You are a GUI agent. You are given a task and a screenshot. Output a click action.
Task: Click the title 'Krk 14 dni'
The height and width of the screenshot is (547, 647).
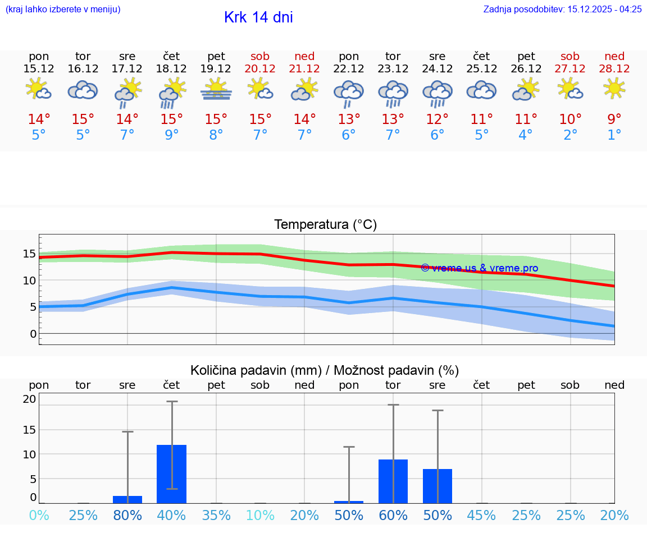[x=258, y=17]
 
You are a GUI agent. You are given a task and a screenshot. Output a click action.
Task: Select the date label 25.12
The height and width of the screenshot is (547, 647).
[x=481, y=69]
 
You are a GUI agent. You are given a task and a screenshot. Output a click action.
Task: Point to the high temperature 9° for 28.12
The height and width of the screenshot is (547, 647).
[x=614, y=119]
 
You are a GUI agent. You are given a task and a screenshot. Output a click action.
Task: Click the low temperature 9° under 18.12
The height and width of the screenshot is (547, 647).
[x=172, y=135]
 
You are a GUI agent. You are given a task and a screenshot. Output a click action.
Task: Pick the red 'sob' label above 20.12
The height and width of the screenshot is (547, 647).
[x=260, y=56]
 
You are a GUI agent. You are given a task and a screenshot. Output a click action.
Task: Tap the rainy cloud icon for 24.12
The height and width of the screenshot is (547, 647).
[x=438, y=93]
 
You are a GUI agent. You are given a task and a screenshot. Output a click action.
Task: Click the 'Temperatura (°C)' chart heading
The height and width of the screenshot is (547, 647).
[x=325, y=225]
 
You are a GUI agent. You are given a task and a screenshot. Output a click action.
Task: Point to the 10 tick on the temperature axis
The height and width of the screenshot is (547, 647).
[x=29, y=281]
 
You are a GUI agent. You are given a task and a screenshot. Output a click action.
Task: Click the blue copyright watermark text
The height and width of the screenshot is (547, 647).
[x=479, y=268]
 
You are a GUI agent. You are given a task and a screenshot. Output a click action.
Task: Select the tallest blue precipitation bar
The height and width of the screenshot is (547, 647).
[x=172, y=474]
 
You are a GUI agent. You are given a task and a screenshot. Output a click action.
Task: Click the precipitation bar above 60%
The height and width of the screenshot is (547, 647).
[x=393, y=481]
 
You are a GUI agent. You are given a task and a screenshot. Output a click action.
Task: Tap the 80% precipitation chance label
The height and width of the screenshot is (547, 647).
[x=127, y=516]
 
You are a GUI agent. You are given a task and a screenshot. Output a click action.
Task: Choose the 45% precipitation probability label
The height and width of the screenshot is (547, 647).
[x=481, y=516]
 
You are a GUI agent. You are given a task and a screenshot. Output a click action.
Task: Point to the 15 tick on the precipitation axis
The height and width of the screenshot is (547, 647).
[x=29, y=430]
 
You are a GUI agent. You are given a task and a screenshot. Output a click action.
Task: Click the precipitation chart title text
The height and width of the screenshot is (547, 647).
[x=324, y=370]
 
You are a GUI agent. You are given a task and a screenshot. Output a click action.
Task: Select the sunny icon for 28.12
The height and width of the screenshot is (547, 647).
[x=614, y=89]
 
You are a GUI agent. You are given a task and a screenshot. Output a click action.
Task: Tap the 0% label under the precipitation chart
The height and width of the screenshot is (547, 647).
[x=39, y=516]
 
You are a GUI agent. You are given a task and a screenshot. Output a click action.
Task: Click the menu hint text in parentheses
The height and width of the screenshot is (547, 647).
[x=62, y=9]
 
